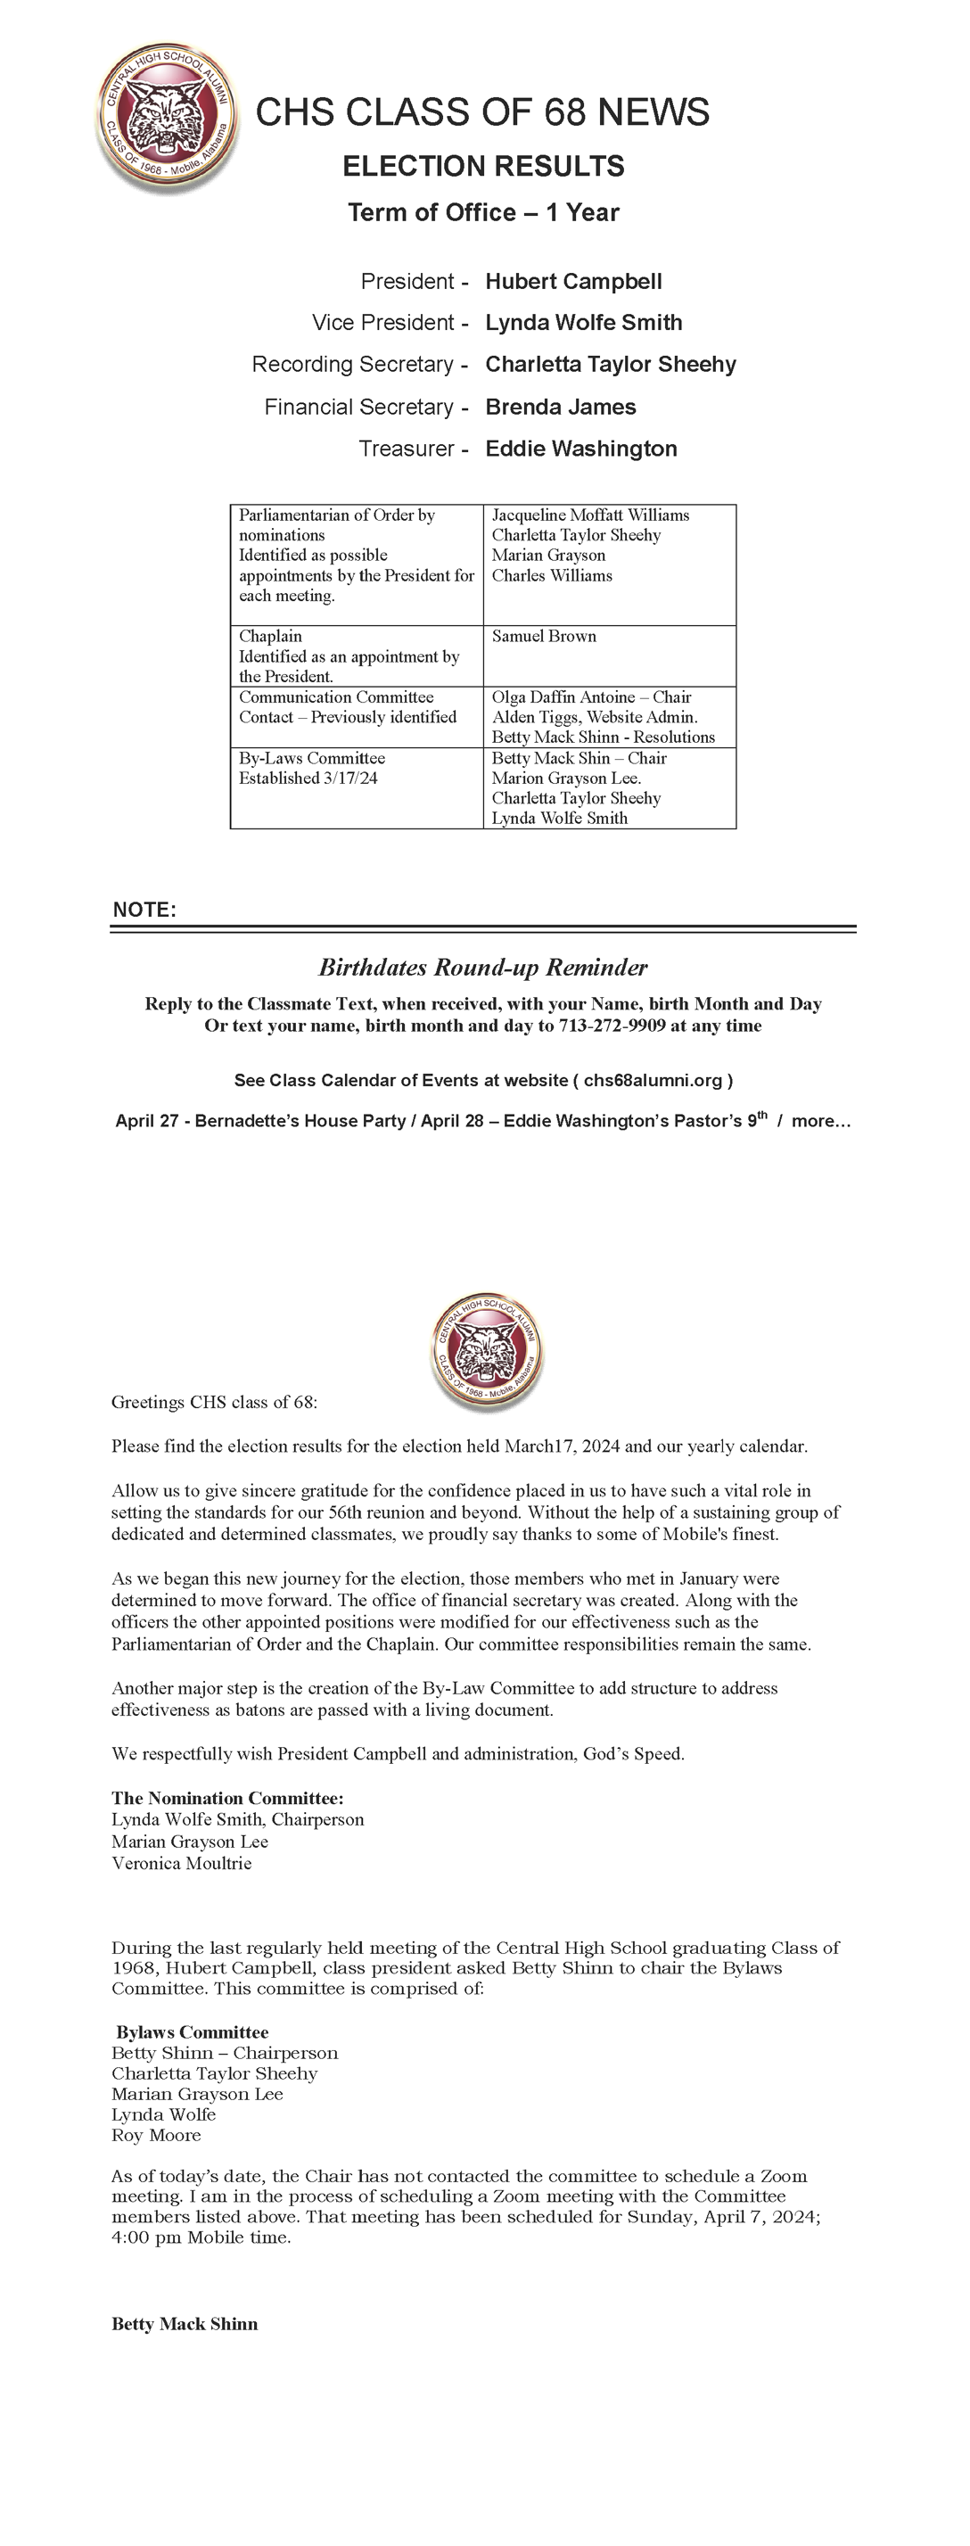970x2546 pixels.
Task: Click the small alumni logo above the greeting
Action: pos(486,1351)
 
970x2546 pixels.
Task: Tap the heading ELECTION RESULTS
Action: pos(483,166)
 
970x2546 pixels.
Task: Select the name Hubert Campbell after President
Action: pos(573,282)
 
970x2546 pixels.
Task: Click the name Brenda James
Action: pos(560,408)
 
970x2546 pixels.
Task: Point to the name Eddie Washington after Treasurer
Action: pos(580,449)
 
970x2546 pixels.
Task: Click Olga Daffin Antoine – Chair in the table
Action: pos(591,696)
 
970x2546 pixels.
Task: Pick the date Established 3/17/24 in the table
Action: pos(308,778)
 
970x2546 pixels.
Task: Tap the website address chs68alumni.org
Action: pos(653,1080)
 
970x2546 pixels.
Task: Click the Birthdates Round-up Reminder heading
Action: pos(483,968)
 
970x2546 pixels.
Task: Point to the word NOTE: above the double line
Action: pos(144,910)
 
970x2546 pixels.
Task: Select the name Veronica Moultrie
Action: pos(182,1863)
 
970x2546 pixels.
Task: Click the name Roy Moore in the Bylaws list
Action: pos(156,2135)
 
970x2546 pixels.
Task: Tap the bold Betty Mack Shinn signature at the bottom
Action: pos(185,2324)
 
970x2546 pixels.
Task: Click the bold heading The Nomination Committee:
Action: pos(227,1798)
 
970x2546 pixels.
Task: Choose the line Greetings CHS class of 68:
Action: pos(214,1403)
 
